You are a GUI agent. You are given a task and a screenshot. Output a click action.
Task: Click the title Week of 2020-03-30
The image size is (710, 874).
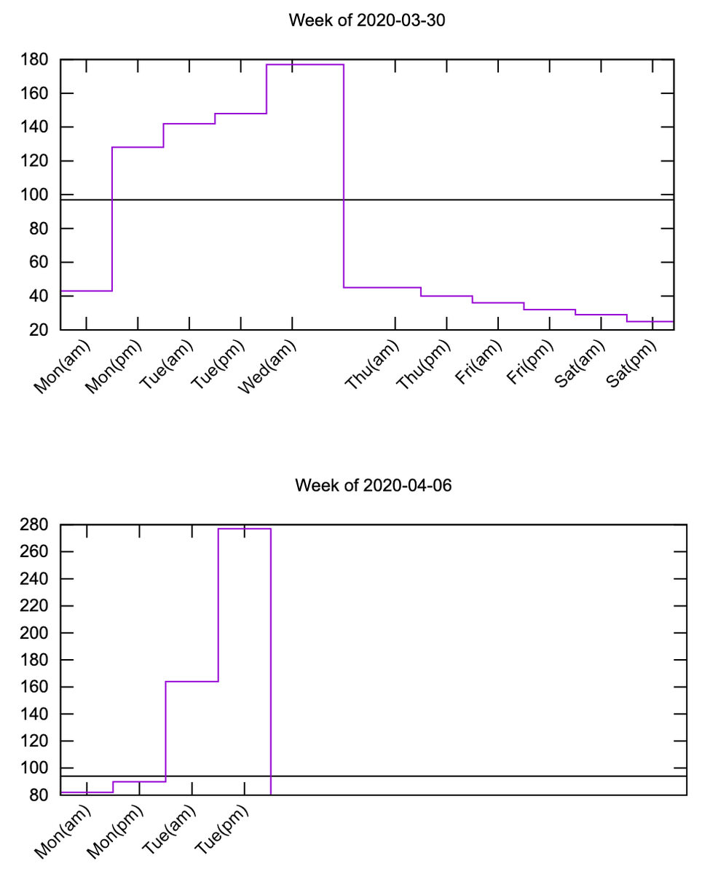[x=366, y=20]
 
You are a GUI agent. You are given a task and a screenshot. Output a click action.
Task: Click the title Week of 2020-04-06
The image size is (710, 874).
[x=374, y=485]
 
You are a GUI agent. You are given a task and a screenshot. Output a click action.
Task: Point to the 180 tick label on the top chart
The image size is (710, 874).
[x=35, y=60]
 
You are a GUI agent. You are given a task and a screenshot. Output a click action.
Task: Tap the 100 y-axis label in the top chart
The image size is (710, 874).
[x=35, y=195]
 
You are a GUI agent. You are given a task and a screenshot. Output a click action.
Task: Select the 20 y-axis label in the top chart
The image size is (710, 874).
[x=39, y=331]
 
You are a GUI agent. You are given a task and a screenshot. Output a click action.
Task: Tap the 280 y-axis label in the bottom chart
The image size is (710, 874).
[x=35, y=525]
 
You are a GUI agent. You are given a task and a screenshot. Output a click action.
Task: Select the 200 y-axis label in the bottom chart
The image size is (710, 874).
[x=35, y=633]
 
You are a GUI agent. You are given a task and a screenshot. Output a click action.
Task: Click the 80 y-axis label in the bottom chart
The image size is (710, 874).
[x=39, y=795]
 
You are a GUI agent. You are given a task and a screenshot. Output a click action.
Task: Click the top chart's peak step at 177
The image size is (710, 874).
[x=304, y=65]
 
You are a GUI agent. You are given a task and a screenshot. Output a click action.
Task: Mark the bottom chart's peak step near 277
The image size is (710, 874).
[x=244, y=529]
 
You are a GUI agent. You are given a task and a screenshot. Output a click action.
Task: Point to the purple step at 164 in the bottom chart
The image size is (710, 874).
[x=192, y=682]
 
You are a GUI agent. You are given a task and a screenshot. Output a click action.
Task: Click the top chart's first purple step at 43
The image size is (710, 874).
[x=86, y=291]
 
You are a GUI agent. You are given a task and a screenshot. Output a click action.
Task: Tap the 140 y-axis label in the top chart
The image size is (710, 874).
[x=35, y=127]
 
